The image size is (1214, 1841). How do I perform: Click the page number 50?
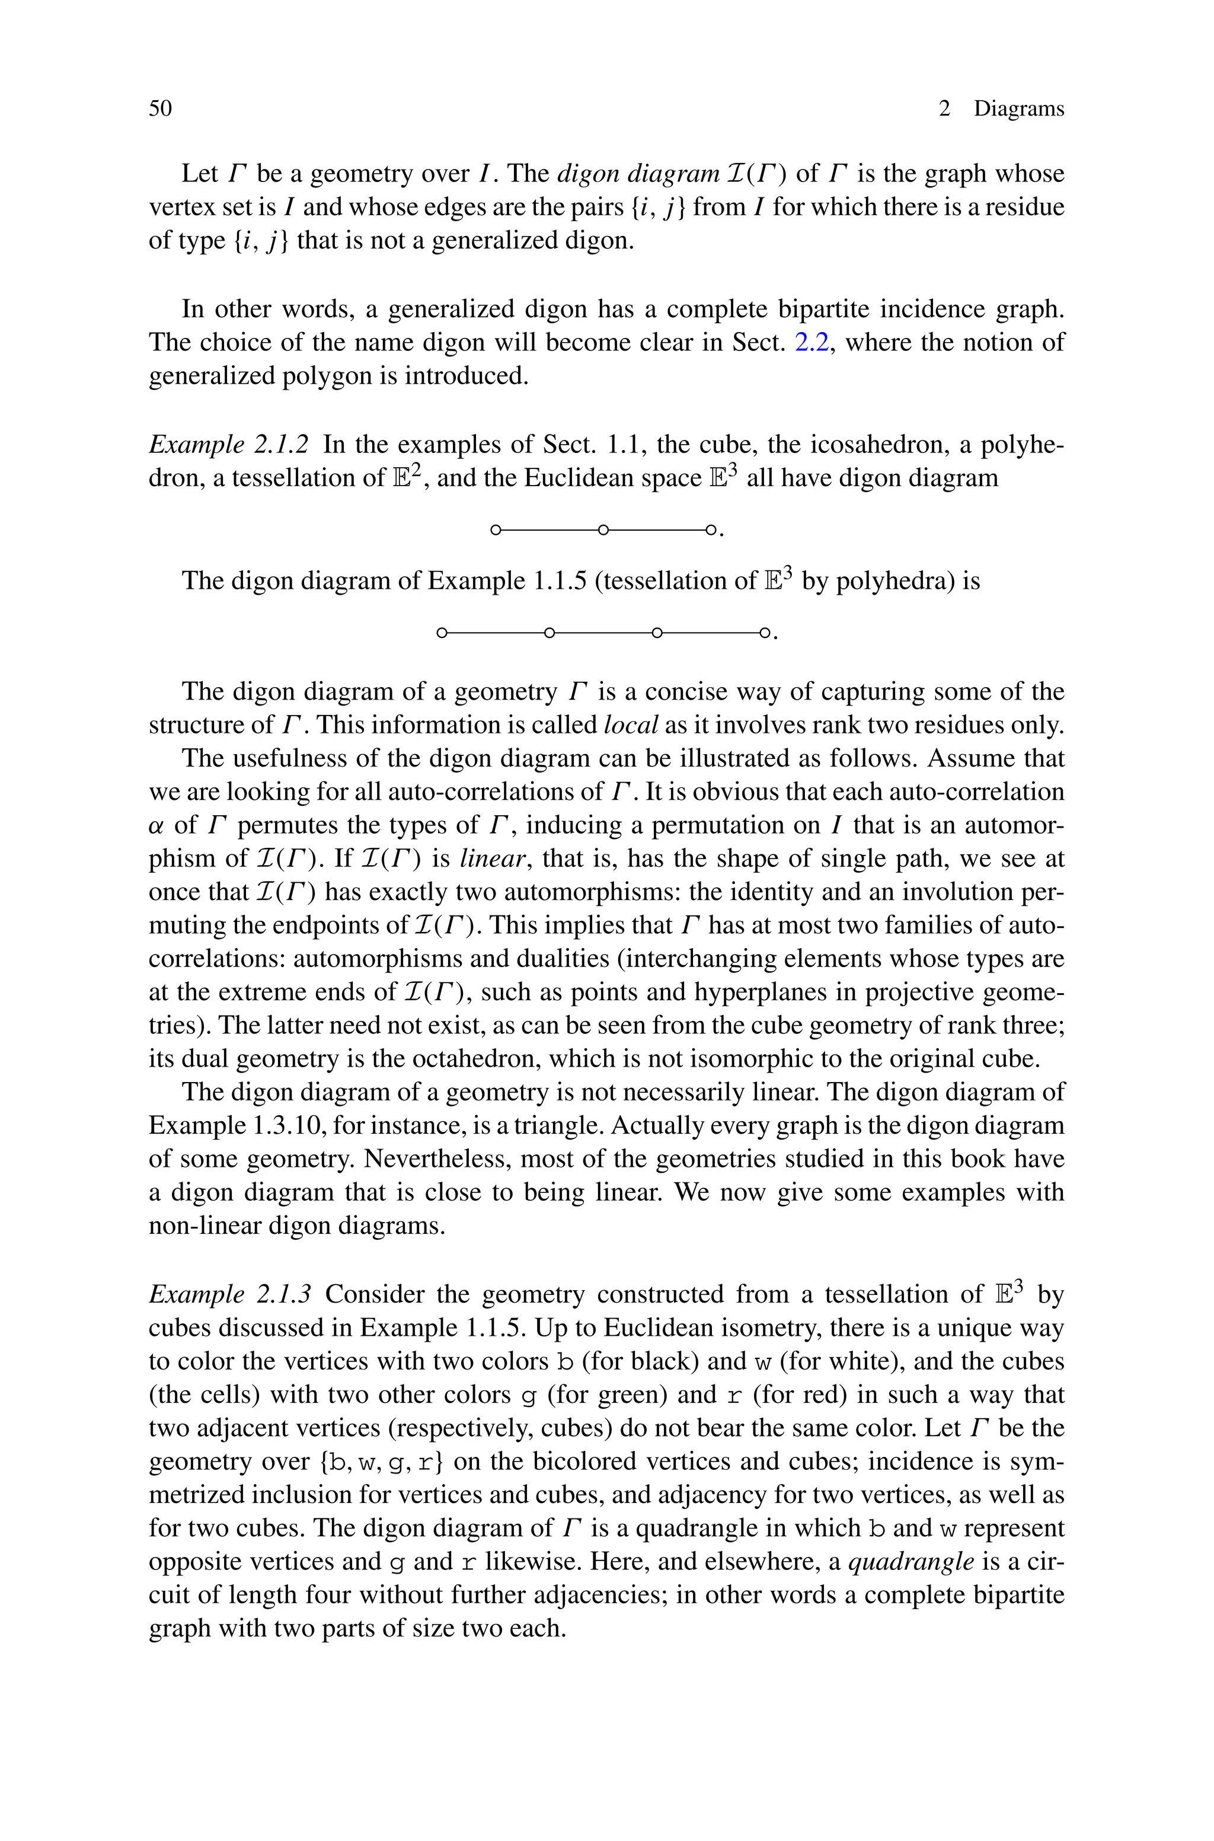(160, 109)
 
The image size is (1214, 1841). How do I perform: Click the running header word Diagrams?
(1018, 109)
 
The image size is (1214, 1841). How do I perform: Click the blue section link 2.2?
(813, 342)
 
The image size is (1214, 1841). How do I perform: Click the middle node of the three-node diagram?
(603, 530)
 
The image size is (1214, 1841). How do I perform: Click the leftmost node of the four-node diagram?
(441, 633)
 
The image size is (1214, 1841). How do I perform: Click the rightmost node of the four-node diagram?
(764, 633)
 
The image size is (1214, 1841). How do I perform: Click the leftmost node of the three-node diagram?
(496, 530)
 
